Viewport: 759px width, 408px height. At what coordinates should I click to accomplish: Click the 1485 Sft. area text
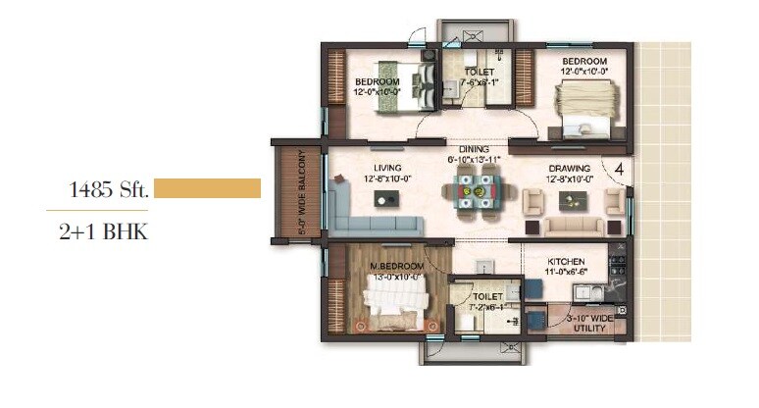109,190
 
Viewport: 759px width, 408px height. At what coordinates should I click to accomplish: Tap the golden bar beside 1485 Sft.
207,188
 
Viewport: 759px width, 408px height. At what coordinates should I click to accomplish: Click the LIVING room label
374,168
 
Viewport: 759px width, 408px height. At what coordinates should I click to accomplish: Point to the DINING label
474,149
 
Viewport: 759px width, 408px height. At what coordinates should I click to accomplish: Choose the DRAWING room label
569,168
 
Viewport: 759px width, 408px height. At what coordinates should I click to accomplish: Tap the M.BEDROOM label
396,267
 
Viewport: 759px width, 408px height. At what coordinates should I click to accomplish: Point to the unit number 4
619,169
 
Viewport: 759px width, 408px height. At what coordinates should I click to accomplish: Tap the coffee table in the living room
384,198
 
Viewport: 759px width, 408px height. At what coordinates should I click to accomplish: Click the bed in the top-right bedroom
583,106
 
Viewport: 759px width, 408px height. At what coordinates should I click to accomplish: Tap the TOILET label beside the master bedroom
487,295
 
